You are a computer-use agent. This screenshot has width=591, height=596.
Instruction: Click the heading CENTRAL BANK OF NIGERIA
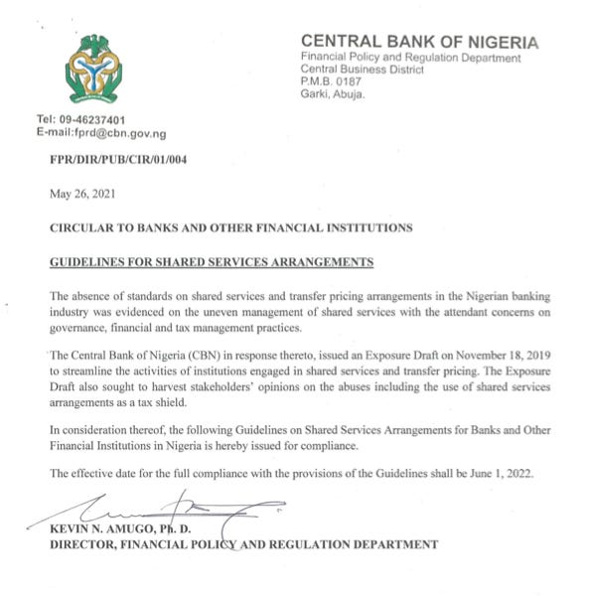[419, 42]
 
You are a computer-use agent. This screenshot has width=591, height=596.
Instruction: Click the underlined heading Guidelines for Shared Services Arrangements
[212, 262]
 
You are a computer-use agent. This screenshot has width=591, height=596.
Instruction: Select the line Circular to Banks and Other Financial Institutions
[230, 227]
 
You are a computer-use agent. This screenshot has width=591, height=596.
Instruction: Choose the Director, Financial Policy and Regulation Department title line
[243, 544]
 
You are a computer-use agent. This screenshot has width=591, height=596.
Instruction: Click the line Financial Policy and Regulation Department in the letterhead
[410, 59]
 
